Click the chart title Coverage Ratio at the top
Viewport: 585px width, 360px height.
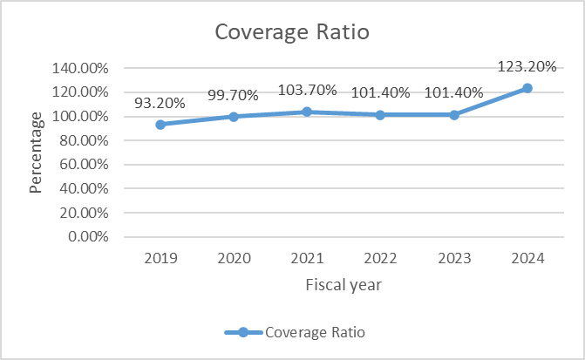pos(292,33)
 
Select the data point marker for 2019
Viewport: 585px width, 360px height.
pos(160,125)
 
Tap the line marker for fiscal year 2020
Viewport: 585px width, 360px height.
pos(234,117)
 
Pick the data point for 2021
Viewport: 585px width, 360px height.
pos(307,112)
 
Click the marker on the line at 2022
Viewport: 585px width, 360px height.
pos(380,114)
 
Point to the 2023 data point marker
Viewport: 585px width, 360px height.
pos(453,114)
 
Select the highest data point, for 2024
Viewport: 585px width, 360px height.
pos(527,88)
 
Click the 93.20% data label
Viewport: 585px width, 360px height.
pos(160,103)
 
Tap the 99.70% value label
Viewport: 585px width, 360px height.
pos(233,95)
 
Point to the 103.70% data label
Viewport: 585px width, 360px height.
pos(306,90)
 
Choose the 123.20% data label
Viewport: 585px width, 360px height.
pos(527,66)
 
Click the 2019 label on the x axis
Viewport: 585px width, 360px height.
pos(160,258)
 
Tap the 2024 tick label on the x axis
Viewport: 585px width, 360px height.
pos(527,258)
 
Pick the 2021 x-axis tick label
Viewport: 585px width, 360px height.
pos(307,258)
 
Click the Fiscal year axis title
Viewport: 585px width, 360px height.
pos(343,284)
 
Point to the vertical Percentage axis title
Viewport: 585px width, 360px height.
pos(37,153)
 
